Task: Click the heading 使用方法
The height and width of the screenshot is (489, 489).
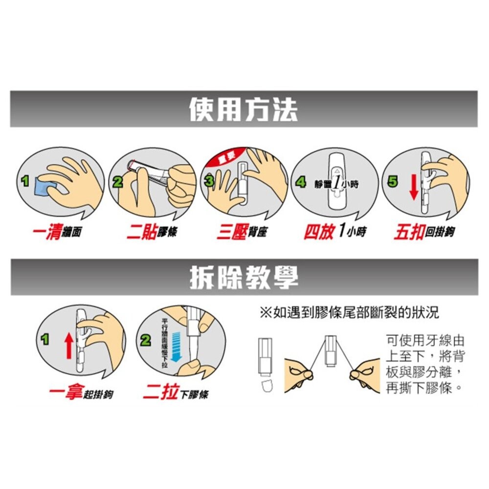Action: click(x=243, y=109)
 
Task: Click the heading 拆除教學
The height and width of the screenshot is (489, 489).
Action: click(x=243, y=277)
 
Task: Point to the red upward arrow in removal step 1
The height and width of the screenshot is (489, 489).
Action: click(x=68, y=345)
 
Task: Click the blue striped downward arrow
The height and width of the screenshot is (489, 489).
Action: click(x=177, y=344)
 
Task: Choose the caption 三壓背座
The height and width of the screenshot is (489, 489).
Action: click(x=242, y=232)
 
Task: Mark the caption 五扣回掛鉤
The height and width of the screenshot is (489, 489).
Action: click(x=424, y=232)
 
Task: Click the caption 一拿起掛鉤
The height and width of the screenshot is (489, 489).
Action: click(x=81, y=393)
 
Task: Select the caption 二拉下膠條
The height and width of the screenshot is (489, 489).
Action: click(x=175, y=393)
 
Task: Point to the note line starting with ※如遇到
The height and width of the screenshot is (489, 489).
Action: click(x=349, y=312)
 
